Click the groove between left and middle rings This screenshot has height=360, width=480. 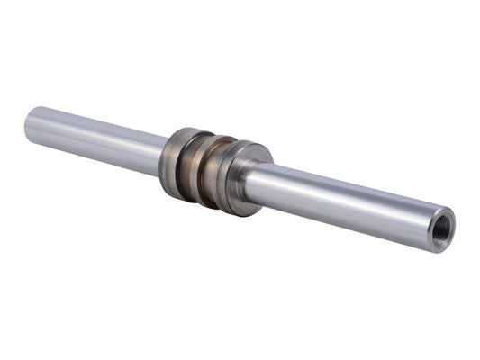coord(193,166)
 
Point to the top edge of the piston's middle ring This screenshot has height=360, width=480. coord(216,138)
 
